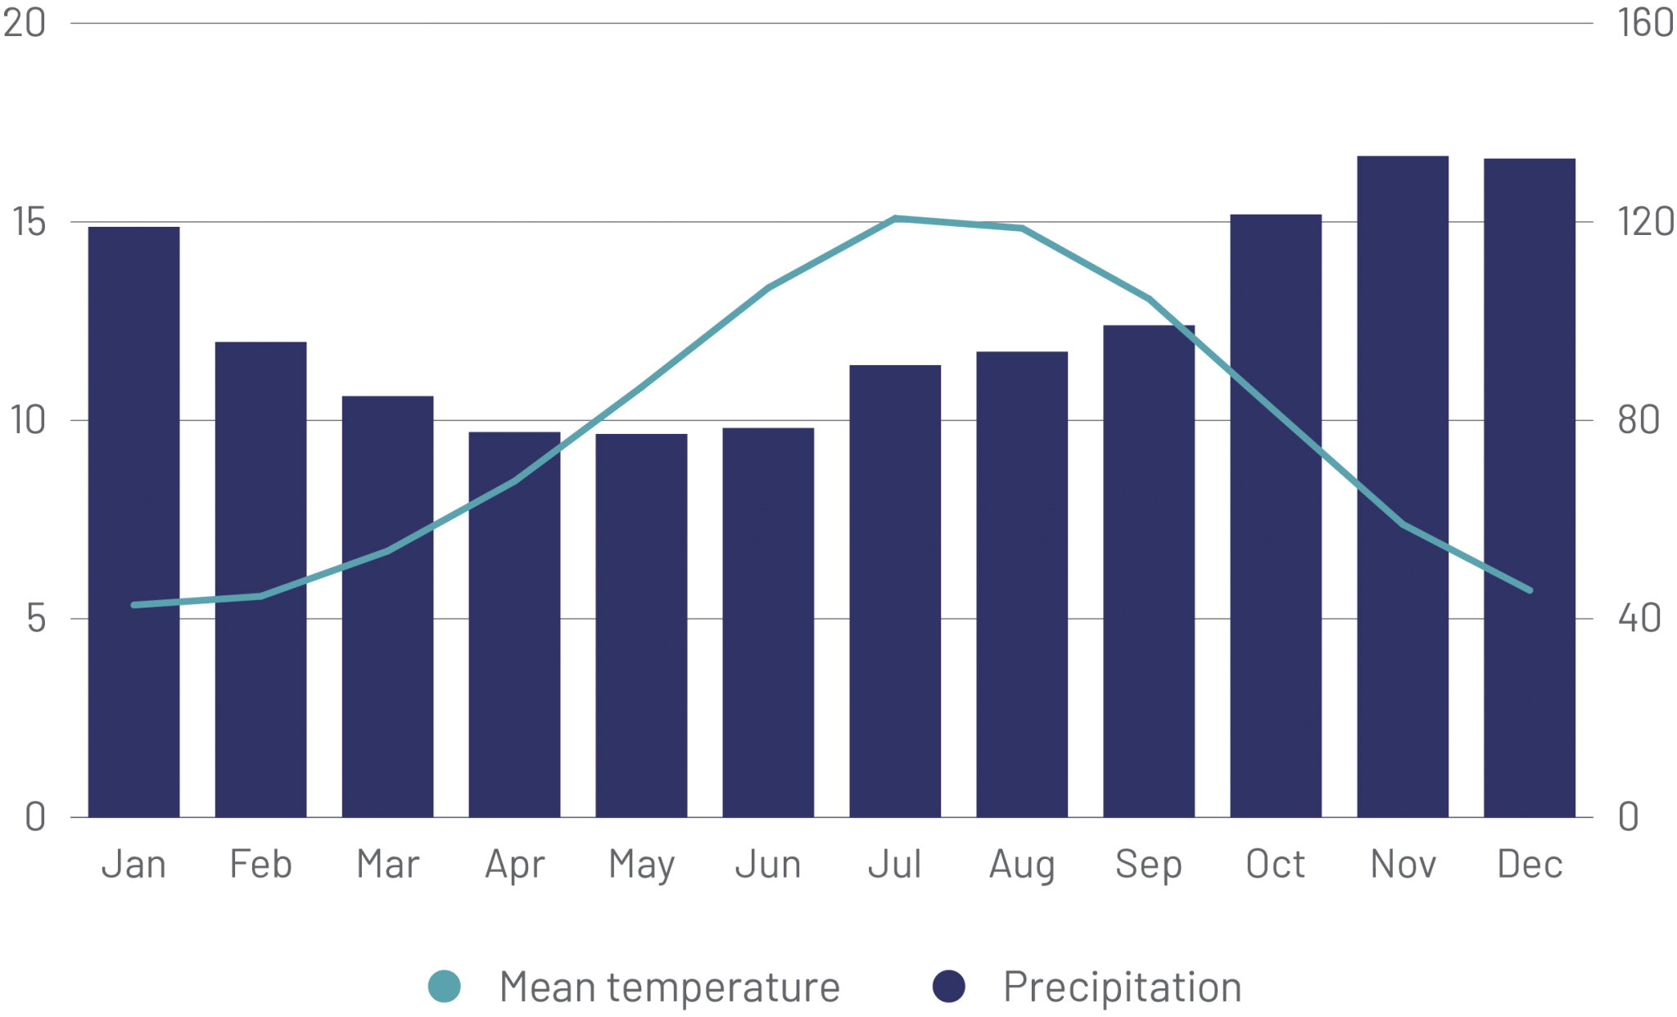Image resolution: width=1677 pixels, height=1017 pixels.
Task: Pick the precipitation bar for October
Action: pyautogui.click(x=1276, y=515)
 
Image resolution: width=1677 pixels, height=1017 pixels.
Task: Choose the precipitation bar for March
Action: pyautogui.click(x=387, y=606)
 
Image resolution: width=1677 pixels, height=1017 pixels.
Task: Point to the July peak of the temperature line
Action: pyautogui.click(x=896, y=219)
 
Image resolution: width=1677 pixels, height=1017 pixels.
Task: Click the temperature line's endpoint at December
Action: pyautogui.click(x=1529, y=590)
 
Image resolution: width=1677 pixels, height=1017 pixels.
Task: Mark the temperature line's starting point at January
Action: pyautogui.click(x=134, y=604)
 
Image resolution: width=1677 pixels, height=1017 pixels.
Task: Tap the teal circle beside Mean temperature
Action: pyautogui.click(x=445, y=986)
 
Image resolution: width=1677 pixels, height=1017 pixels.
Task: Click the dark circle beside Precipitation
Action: pyautogui.click(x=949, y=986)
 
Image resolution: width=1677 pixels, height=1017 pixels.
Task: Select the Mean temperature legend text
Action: pyautogui.click(x=670, y=986)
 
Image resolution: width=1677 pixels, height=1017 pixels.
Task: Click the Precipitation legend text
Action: pyautogui.click(x=1122, y=986)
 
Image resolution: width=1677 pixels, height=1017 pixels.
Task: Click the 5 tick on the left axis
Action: pyautogui.click(x=34, y=619)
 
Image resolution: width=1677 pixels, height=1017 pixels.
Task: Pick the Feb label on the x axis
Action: pyautogui.click(x=260, y=864)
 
